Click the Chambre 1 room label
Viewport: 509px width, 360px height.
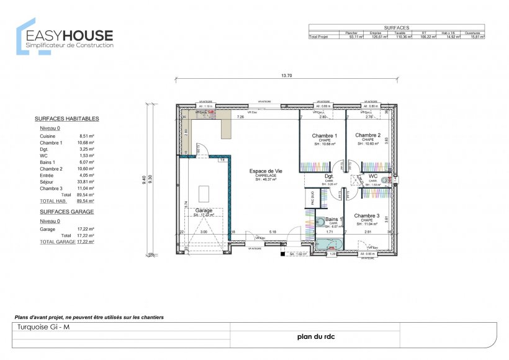point(324,135)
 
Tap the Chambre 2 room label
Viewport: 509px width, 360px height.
point(367,135)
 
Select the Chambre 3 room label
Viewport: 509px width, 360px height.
point(367,216)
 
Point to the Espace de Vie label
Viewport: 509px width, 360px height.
point(266,171)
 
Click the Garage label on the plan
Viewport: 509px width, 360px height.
point(204,210)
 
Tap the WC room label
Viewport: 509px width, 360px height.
point(373,176)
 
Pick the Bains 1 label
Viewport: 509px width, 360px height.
point(334,220)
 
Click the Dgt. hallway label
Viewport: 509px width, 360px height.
point(330,176)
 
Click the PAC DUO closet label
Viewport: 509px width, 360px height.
point(313,198)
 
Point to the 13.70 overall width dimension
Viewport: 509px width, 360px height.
point(286,76)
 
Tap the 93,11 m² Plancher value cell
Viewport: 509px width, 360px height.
point(355,37)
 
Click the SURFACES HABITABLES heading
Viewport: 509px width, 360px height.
point(66,118)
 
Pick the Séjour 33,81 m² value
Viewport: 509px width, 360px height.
point(86,182)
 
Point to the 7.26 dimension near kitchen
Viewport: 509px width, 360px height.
point(241,117)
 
